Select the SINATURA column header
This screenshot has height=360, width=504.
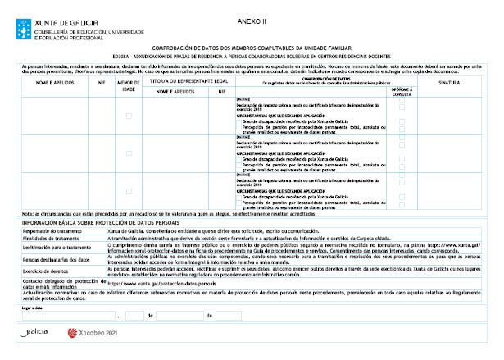click(x=449, y=84)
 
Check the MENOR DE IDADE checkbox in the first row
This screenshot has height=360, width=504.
click(x=129, y=116)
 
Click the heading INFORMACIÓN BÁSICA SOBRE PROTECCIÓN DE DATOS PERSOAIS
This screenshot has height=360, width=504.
click(x=102, y=222)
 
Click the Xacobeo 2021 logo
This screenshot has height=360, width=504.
click(x=98, y=334)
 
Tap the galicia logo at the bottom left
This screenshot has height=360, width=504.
click(x=36, y=333)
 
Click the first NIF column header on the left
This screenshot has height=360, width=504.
click(x=102, y=84)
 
